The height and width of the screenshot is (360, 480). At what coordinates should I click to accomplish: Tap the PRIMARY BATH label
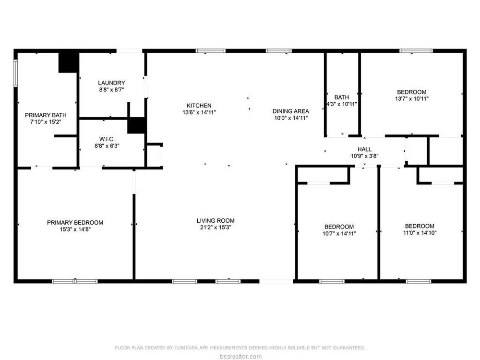click(46, 115)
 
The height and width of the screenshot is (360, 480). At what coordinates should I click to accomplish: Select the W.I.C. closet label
click(107, 139)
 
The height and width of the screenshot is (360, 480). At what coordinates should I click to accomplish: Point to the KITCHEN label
click(199, 106)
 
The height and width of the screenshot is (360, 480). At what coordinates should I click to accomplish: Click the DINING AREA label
click(291, 111)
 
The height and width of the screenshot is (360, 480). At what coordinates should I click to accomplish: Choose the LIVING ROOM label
click(216, 220)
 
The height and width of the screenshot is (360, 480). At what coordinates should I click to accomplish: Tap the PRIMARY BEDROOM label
click(75, 223)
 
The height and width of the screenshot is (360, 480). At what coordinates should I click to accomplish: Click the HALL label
click(365, 149)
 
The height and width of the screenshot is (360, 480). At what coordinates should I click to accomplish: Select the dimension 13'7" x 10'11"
click(412, 98)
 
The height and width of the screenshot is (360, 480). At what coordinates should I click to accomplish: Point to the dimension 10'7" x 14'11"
click(339, 234)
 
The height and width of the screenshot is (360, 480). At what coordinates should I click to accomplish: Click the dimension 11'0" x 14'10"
click(420, 233)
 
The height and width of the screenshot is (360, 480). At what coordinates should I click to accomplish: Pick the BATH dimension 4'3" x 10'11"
click(342, 104)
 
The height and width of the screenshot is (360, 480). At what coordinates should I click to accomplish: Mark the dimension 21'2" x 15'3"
click(216, 228)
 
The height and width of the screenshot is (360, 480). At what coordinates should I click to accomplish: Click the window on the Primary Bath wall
click(16, 73)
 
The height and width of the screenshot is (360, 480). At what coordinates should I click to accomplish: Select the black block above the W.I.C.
click(136, 125)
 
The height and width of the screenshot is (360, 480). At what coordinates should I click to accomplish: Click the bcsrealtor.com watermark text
click(240, 356)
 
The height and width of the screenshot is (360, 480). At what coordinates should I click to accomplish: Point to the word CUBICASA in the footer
click(185, 348)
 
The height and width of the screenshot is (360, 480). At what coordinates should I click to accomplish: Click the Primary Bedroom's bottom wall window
click(75, 281)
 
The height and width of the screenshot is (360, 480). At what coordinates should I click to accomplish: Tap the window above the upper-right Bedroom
click(416, 51)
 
